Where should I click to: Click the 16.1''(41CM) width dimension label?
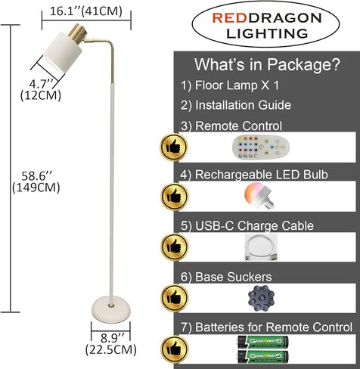[86, 11]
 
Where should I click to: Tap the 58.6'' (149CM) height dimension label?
[36, 181]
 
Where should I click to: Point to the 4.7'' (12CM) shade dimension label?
[41, 89]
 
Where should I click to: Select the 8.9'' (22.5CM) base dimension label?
[111, 343]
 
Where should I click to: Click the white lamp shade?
[63, 52]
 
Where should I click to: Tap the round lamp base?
[111, 309]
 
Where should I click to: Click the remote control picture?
[261, 147]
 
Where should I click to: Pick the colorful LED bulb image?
[258, 196]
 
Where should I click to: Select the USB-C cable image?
[261, 247]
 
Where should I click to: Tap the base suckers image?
[261, 298]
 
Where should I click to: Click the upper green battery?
[263, 342]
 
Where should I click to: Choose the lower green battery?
[263, 356]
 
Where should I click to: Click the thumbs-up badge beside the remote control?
[174, 147]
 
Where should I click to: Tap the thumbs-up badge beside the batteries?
[174, 349]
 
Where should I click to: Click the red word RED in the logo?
[229, 18]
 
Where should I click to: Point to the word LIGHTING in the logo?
[267, 33]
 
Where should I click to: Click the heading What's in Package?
[267, 64]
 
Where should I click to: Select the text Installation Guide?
[243, 105]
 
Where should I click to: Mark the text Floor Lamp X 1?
[237, 85]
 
